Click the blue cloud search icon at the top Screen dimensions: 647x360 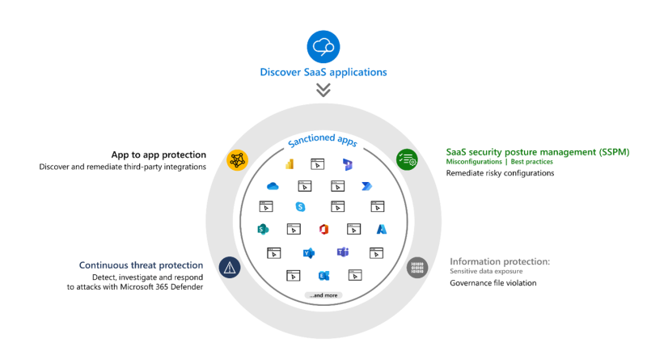coord(323,47)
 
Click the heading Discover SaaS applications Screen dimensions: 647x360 coord(323,72)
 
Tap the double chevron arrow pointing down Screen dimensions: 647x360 coord(323,90)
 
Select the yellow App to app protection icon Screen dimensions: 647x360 coord(237,159)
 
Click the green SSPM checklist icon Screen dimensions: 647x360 coord(407,159)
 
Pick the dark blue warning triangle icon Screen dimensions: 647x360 coord(230,267)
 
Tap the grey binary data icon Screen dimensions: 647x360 coord(417,268)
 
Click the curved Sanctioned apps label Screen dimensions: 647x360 coord(323,140)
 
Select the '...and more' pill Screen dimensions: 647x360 coord(323,295)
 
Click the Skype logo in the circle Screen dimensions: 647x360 coord(300,206)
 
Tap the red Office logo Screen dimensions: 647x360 coord(324,229)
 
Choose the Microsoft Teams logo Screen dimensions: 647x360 coord(343,252)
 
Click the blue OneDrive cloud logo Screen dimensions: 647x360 coord(273,186)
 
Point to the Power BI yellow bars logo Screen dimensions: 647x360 coord(290,164)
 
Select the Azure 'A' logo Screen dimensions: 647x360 coord(382,229)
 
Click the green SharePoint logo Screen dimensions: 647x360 coord(263,229)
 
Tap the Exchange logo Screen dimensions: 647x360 coord(324,275)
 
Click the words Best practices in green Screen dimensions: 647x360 coord(532,162)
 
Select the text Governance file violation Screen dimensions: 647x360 coord(493,283)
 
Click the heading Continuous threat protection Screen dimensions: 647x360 coord(141,265)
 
